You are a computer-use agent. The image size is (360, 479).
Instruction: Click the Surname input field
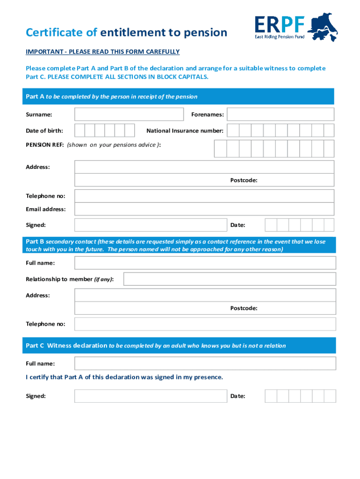click(x=129, y=114)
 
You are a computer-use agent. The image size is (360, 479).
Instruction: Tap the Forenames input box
click(x=281, y=114)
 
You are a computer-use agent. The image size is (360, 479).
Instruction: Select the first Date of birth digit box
click(x=80, y=131)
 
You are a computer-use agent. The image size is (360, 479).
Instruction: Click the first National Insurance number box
click(x=233, y=131)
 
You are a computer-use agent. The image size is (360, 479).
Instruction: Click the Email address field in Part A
click(x=204, y=209)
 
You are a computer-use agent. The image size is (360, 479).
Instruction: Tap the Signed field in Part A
click(x=151, y=225)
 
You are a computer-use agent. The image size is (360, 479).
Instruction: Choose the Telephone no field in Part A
click(x=204, y=196)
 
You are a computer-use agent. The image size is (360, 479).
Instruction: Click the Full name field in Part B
click(x=205, y=263)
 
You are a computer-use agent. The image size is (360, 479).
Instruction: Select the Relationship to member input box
click(x=230, y=279)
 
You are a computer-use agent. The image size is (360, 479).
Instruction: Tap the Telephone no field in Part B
click(x=205, y=324)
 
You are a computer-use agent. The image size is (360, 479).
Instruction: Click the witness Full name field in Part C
click(x=205, y=363)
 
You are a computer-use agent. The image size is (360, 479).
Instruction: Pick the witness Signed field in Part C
click(x=151, y=396)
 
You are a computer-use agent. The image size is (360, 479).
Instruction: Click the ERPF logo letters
click(x=280, y=24)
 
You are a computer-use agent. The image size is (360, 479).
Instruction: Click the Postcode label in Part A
click(x=244, y=180)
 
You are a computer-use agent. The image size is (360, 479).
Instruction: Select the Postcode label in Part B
click(x=244, y=308)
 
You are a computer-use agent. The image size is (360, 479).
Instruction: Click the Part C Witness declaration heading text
click(x=66, y=346)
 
